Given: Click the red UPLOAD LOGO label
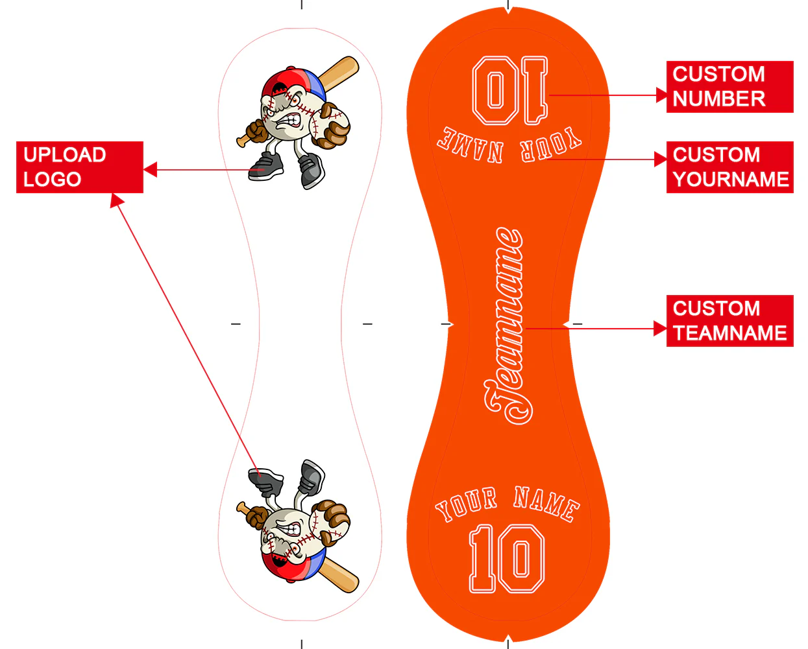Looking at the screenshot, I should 79,167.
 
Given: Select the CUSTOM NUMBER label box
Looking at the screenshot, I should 729,87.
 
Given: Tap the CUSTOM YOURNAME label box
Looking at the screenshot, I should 729,167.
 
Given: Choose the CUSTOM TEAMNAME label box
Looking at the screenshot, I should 729,321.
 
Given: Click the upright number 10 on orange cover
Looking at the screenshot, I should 507,559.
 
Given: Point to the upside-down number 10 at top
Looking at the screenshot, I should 510,91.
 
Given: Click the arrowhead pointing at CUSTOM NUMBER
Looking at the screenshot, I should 661,95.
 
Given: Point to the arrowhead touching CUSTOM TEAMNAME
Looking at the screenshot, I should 660,329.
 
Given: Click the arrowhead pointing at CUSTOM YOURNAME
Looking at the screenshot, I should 661,159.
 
